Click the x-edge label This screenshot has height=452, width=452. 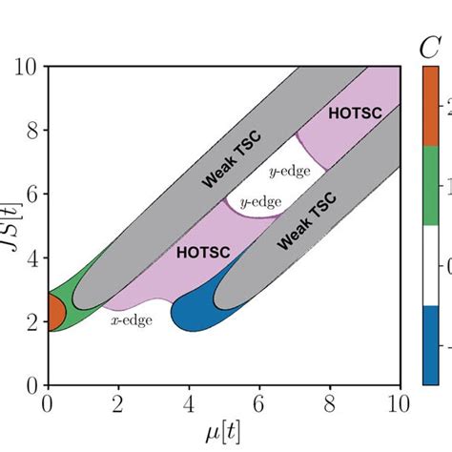132,321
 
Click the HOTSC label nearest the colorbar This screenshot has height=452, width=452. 351,113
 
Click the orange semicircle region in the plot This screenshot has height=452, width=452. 55,312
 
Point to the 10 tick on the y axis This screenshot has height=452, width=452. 27,67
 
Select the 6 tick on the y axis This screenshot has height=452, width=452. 31,195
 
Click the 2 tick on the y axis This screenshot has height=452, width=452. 31,322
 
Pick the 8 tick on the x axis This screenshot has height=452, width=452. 329,402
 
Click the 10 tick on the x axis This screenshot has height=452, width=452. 399,402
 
